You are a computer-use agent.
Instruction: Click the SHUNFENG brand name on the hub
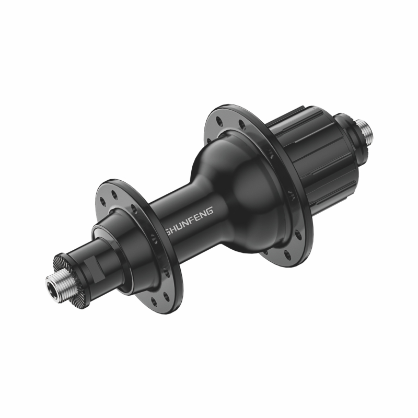[x=189, y=218]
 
